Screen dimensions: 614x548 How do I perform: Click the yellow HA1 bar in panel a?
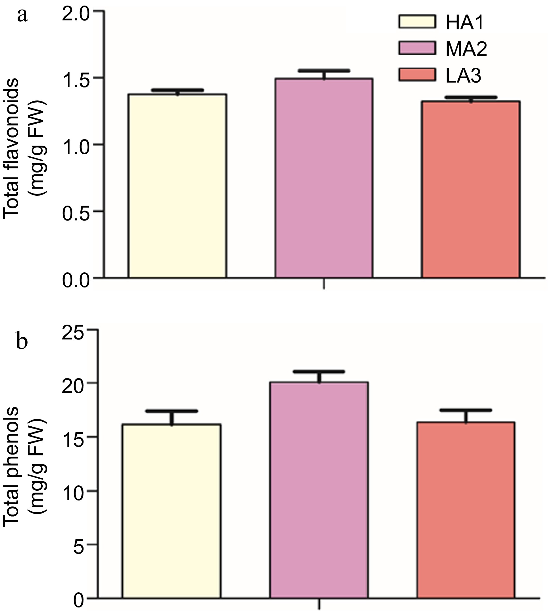177,185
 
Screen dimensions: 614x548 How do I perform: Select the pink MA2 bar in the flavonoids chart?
323,178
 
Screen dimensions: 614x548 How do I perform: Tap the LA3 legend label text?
463,75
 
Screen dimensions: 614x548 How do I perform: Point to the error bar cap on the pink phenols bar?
319,371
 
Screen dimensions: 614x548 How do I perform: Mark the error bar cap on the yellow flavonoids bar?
177,90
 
